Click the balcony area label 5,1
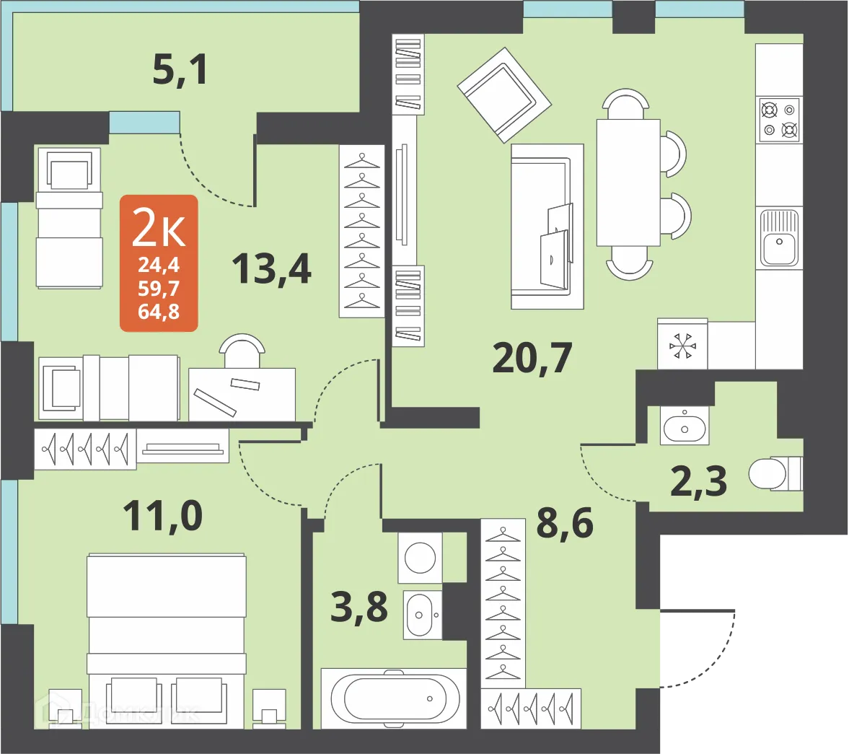[180, 71]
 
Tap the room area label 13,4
[271, 268]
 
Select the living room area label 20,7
[532, 357]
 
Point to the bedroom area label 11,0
[162, 516]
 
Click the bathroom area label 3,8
[359, 607]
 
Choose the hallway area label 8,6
[565, 522]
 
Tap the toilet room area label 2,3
[698, 481]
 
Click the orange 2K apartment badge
[159, 263]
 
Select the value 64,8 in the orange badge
[159, 312]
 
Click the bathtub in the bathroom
[394, 698]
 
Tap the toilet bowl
[772, 474]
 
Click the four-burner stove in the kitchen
[779, 120]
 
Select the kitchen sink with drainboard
[778, 237]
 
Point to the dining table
[628, 183]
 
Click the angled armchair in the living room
[504, 95]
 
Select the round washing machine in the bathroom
[421, 558]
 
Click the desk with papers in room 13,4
[242, 394]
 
